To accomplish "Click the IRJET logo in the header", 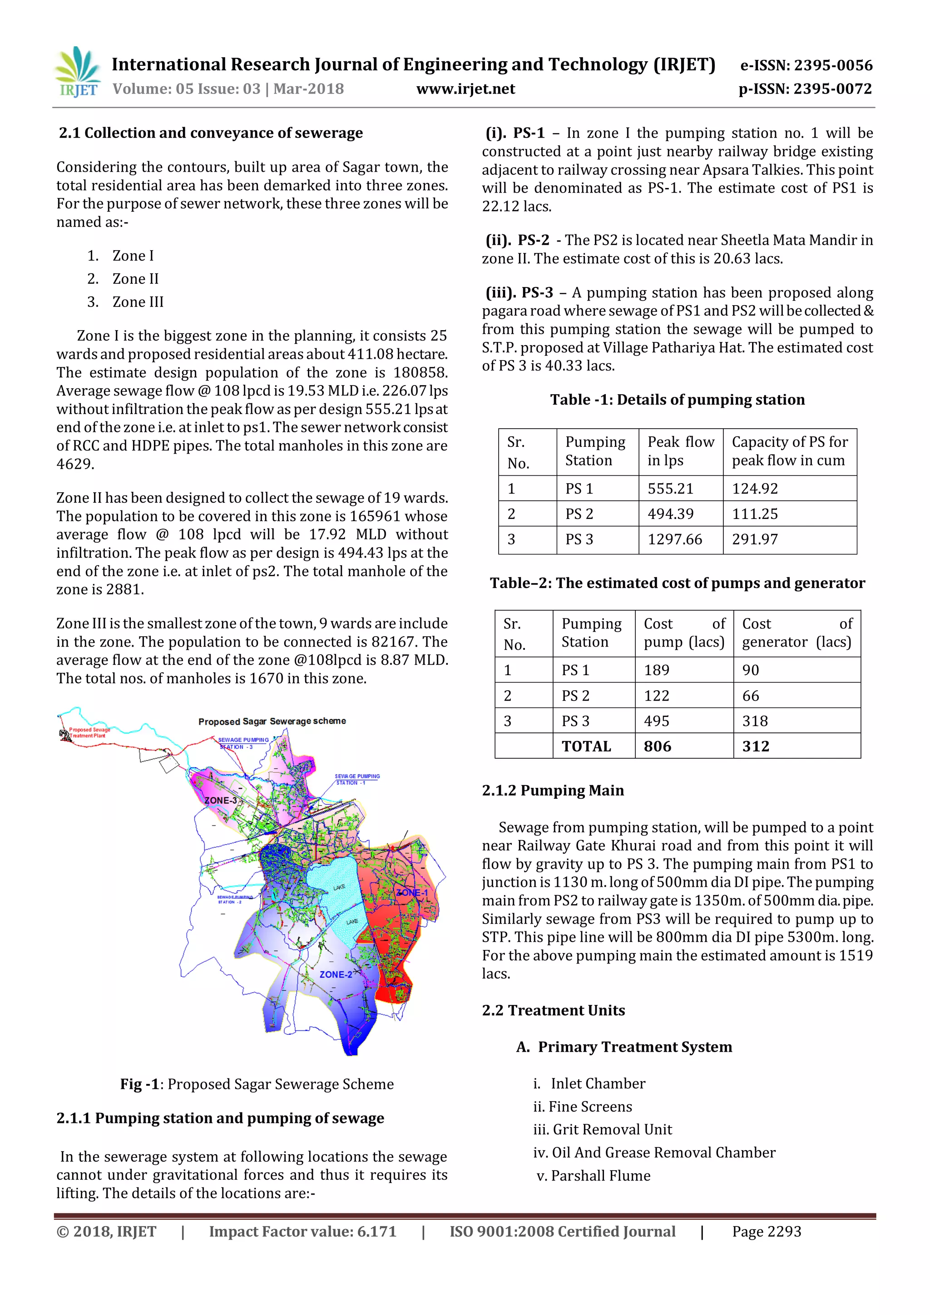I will click(x=77, y=72).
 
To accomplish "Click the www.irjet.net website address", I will click(x=465, y=89).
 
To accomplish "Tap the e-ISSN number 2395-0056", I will click(x=806, y=65).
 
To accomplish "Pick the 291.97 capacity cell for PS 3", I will click(x=754, y=539).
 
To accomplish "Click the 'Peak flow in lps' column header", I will click(x=680, y=451).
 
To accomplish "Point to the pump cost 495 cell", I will click(x=656, y=721).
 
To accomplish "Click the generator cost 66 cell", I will click(x=750, y=696).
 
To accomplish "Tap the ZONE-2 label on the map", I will click(x=336, y=974).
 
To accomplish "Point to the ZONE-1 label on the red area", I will click(x=412, y=893).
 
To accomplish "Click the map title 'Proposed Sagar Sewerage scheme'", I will click(x=272, y=721).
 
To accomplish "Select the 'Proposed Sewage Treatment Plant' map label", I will click(x=88, y=732).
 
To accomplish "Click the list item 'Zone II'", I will click(x=135, y=279).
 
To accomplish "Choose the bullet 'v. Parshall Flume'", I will click(x=593, y=1176).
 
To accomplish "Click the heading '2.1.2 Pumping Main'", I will click(x=553, y=791).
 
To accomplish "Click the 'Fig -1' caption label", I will click(x=139, y=1084).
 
